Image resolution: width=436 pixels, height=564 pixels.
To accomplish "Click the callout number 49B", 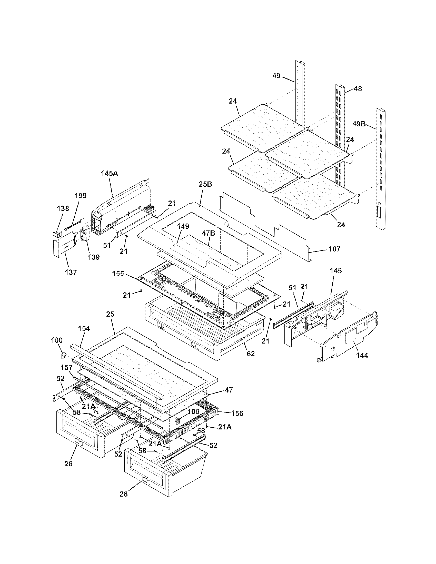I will [x=359, y=124].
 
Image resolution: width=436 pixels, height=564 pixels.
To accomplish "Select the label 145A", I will [x=109, y=173].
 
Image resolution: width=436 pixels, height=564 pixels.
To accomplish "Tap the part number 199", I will [x=81, y=196].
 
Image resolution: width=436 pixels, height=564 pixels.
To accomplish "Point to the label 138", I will [x=63, y=208].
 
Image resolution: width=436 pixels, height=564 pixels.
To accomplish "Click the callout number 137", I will [x=71, y=272].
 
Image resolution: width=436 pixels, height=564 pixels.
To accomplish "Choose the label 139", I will [x=94, y=257].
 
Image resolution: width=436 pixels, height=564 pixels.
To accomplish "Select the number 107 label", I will [x=334, y=249].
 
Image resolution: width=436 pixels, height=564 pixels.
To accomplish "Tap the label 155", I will [x=118, y=274].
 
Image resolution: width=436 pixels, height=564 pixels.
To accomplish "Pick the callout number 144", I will [x=362, y=356].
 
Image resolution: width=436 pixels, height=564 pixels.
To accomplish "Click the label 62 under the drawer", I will [x=251, y=354].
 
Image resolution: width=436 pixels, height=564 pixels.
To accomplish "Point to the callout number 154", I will [x=84, y=328].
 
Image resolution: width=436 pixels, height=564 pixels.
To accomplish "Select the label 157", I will [x=66, y=367].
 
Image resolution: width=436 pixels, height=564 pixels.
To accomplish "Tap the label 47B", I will [x=209, y=233].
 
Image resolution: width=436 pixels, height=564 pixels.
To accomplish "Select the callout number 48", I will [x=358, y=89].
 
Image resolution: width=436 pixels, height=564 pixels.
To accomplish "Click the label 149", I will [x=183, y=226].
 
